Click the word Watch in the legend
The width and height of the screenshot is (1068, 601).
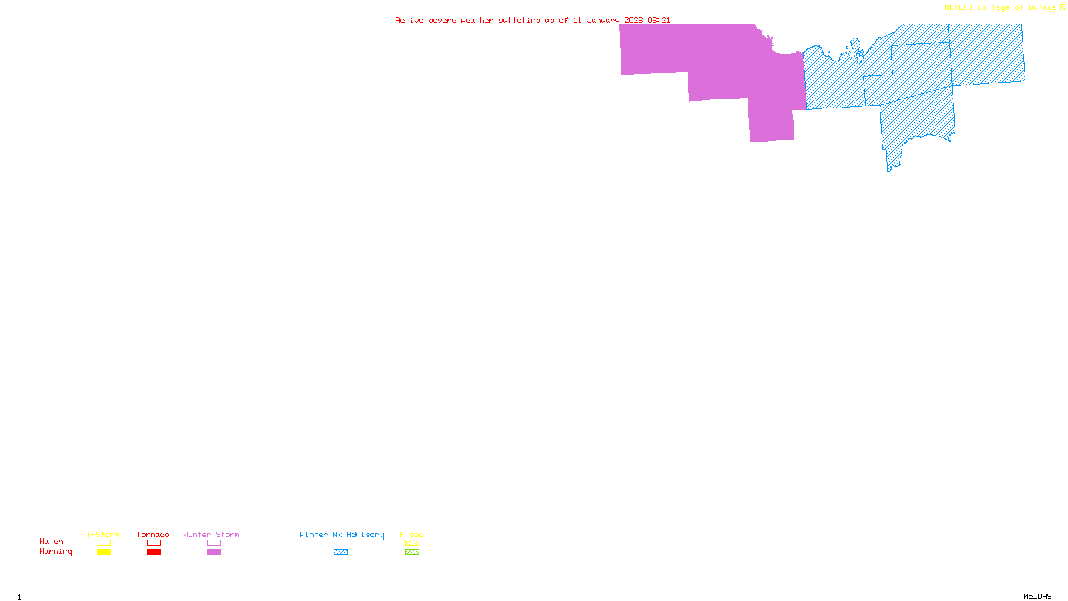[x=51, y=541]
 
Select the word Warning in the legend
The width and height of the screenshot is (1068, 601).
[x=55, y=552]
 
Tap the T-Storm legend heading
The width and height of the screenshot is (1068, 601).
[x=103, y=534]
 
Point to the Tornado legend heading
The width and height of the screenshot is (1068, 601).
[x=153, y=534]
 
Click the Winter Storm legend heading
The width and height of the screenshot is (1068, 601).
[x=211, y=534]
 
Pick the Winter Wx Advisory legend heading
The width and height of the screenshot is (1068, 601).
[x=342, y=534]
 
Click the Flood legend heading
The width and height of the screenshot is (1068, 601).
[x=412, y=534]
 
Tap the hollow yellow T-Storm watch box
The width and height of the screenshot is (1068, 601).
[x=103, y=543]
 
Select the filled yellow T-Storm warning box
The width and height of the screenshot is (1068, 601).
[x=103, y=552]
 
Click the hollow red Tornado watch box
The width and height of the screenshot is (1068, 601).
[x=154, y=543]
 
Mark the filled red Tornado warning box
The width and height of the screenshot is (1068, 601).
[x=154, y=552]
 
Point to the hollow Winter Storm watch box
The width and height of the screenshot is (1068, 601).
[x=214, y=543]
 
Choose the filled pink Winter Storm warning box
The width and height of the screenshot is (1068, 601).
[x=214, y=552]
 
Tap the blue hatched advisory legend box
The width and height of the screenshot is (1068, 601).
[x=340, y=552]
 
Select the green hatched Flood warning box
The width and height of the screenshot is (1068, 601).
[x=412, y=552]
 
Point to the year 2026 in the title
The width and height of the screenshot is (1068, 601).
[x=633, y=20]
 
